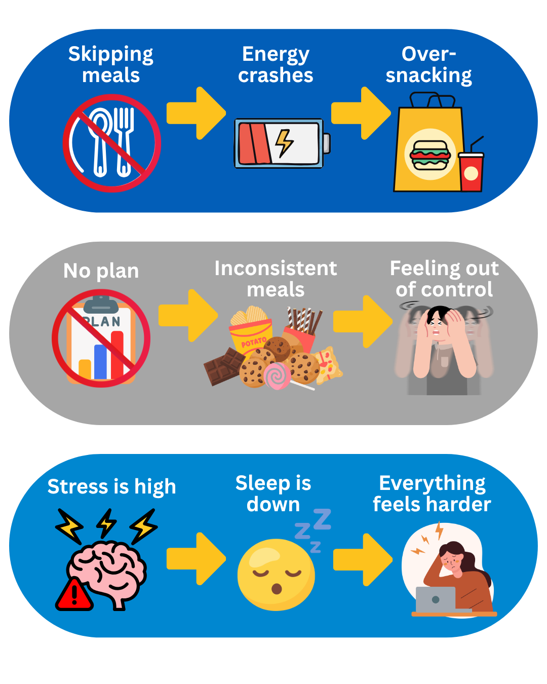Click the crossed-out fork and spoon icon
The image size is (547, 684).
(112, 143)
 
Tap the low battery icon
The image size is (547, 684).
(282, 143)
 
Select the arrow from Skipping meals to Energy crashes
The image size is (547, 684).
(196, 113)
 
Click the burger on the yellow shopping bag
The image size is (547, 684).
(430, 155)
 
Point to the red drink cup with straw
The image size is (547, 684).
(471, 171)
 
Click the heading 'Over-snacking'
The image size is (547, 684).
(428, 64)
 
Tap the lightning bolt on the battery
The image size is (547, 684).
(284, 143)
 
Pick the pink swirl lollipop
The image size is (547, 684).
(277, 375)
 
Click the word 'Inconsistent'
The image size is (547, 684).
(276, 268)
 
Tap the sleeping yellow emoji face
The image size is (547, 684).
(276, 575)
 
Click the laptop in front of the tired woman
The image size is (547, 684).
(436, 599)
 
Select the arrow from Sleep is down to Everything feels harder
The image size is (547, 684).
(363, 559)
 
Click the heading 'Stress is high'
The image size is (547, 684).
(111, 487)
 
